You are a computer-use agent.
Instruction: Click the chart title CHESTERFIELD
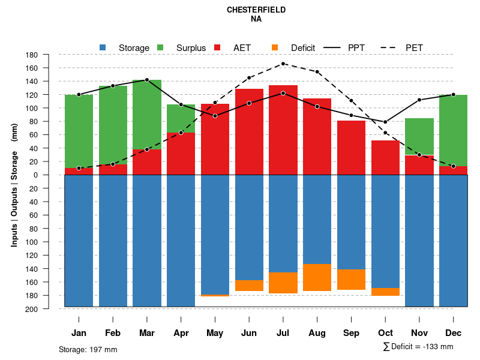coord(256,10)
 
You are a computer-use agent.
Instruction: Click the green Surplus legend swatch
coord(160,47)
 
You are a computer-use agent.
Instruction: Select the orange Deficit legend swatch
coord(275,47)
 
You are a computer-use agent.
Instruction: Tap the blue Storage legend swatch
coord(103,47)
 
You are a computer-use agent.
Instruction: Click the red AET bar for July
coord(283,130)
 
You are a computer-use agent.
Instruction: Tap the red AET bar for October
coord(386,157)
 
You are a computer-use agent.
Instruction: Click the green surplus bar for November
coord(419,136)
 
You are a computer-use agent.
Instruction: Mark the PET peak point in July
coord(283,64)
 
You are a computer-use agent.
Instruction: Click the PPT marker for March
coord(147,80)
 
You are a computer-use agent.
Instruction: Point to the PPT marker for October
coord(386,122)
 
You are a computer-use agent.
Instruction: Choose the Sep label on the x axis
coord(352,333)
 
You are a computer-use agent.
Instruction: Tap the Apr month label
coord(181,333)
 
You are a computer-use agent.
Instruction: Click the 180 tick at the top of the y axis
coord(49,55)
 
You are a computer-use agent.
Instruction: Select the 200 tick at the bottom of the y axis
coord(49,309)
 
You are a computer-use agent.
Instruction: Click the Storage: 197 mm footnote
coord(88,349)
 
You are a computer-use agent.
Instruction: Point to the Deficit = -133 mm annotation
coord(418,347)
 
